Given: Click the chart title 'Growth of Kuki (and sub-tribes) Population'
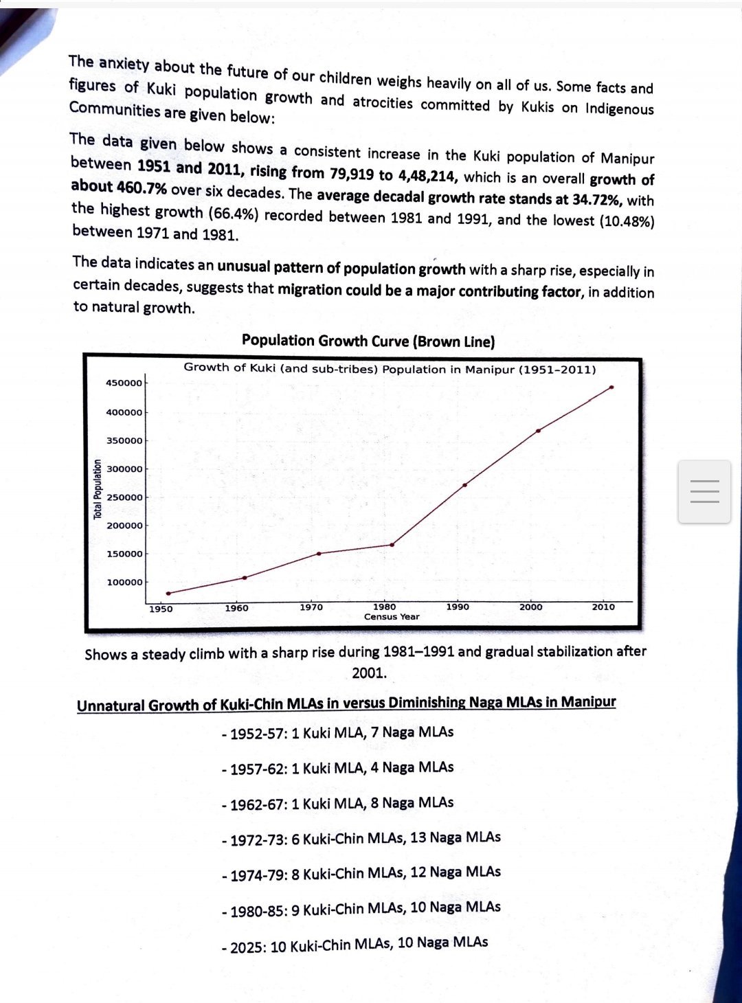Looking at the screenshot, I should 390,369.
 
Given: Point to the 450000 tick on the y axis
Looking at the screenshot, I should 124,383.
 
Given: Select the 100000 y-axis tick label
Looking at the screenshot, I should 124,583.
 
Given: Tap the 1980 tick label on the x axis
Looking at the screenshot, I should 384,607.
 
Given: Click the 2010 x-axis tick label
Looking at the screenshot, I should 603,607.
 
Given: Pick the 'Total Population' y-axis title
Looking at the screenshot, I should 98,489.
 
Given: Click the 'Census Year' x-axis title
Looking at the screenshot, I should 392,617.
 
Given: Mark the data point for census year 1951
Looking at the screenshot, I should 168,594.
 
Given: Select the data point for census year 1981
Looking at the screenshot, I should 392,545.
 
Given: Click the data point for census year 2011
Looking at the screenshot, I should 611,387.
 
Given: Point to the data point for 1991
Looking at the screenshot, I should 465,485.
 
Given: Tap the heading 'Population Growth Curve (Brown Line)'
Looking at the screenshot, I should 368,341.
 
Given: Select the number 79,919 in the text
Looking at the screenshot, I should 352,172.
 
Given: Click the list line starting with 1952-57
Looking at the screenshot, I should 337,733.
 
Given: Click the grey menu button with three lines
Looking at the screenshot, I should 704,492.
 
